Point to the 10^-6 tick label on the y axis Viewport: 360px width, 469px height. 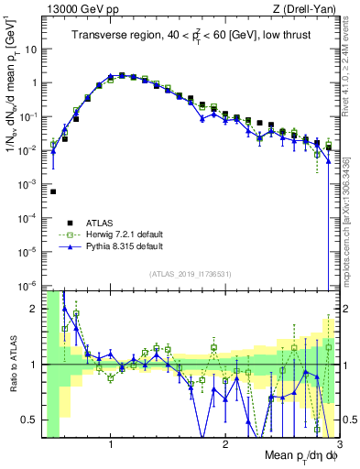(26, 285)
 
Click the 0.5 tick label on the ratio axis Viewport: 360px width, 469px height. (29, 419)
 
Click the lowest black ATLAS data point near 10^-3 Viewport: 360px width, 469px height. (53, 192)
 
